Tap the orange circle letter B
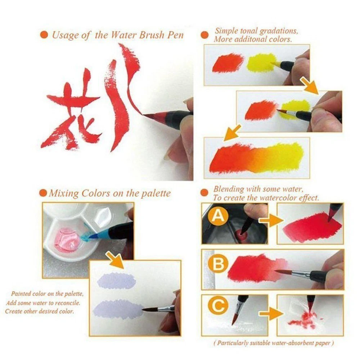click(218, 264)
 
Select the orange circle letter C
click(218, 305)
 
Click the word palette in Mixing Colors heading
click(156, 194)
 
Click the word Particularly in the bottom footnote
click(233, 343)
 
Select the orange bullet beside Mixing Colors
click(43, 193)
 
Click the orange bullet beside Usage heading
click(44, 35)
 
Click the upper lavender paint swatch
click(116, 280)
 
